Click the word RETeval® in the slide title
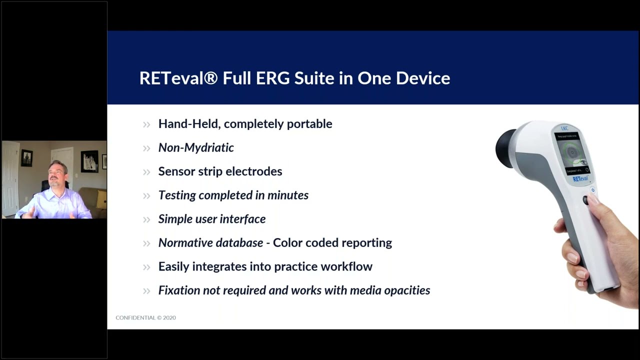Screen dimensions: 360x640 (178, 78)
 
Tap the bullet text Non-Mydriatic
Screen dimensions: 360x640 (196, 147)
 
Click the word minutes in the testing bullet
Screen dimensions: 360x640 (287, 195)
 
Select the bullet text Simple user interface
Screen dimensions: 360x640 (212, 219)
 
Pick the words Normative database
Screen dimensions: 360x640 (210, 243)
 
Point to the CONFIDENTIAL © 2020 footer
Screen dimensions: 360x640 (145, 317)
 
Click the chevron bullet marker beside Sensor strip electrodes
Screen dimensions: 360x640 (146, 172)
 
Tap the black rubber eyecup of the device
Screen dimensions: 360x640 (505, 148)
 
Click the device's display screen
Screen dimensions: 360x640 (571, 152)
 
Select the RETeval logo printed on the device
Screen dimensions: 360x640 (580, 178)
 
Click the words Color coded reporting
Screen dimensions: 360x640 (332, 243)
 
